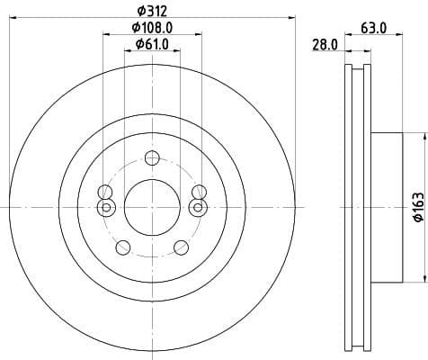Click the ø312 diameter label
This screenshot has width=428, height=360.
(x=151, y=10)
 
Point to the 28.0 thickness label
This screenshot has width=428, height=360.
(x=324, y=44)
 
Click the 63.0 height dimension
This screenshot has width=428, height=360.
(x=373, y=28)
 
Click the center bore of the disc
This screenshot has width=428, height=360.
(x=150, y=206)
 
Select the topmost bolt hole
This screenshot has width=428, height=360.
(x=151, y=159)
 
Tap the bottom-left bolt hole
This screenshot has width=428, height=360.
(x=123, y=247)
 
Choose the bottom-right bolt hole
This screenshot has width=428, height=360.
(x=179, y=247)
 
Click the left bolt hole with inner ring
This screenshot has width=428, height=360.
(x=105, y=208)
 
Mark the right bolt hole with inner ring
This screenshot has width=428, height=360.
(x=196, y=208)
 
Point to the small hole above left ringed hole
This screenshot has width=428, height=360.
(x=105, y=192)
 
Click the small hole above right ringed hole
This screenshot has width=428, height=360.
(x=196, y=192)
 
